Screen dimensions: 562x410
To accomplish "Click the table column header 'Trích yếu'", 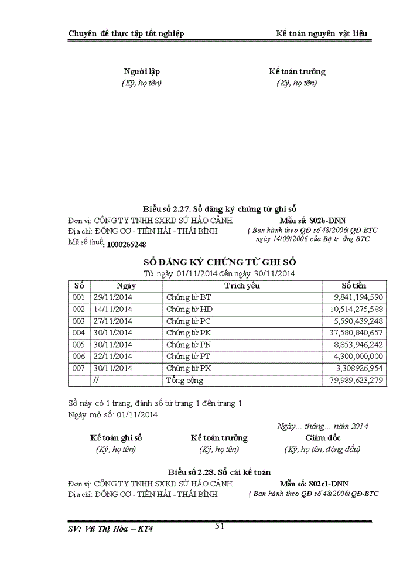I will [x=242, y=286].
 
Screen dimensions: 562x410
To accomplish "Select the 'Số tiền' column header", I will [x=354, y=286].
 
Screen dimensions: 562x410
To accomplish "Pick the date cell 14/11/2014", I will [x=113, y=309].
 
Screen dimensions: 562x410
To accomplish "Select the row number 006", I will [x=78, y=357].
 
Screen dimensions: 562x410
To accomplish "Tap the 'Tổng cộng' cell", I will [x=184, y=381].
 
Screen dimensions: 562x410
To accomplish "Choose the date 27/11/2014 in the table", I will [x=113, y=321].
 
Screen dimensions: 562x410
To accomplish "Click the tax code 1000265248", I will [x=126, y=244].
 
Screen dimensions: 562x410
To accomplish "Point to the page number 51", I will [x=220, y=526].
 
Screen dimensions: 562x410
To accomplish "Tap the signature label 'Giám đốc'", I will [x=322, y=438].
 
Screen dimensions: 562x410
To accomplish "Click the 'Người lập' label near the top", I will [x=142, y=71].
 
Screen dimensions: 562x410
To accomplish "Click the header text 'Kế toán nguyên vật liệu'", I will [x=322, y=33].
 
